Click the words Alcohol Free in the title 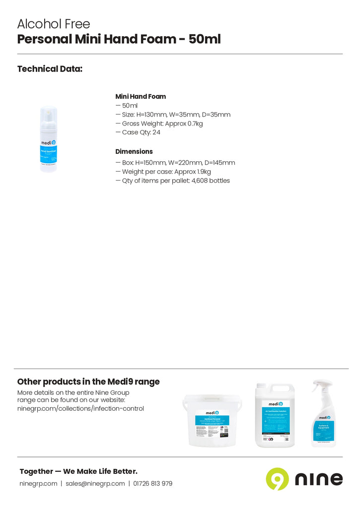54,24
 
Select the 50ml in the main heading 205,40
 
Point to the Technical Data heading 50,69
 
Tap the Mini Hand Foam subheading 141,97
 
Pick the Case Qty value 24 156,132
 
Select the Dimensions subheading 134,152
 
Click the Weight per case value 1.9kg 203,172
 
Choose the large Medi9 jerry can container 275,416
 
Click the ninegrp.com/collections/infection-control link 80,409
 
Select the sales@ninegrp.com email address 95,484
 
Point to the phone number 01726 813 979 152,484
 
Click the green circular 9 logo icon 277,479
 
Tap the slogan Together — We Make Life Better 78,471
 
